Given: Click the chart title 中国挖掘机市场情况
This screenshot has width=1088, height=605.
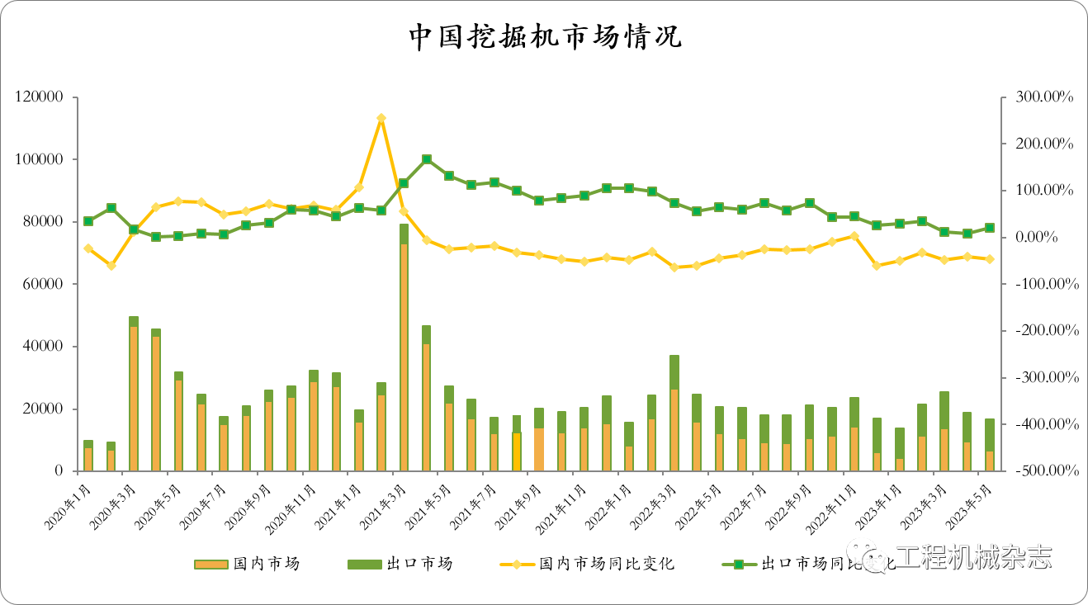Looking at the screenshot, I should point(545,37).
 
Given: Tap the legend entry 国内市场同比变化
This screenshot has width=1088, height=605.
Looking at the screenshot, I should point(606,564).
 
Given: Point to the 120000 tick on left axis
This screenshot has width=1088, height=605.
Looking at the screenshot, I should point(40,97).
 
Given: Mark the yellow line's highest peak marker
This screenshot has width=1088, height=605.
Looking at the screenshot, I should point(381,118).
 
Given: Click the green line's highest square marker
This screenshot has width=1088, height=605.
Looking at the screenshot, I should point(426,159).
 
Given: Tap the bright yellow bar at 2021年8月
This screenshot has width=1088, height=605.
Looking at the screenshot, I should point(516,451).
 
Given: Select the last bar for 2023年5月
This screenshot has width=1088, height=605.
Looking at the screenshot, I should point(989,446).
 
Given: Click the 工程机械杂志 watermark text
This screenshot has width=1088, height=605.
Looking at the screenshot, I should point(974,557).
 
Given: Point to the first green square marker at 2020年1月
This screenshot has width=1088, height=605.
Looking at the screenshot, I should point(88,221).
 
